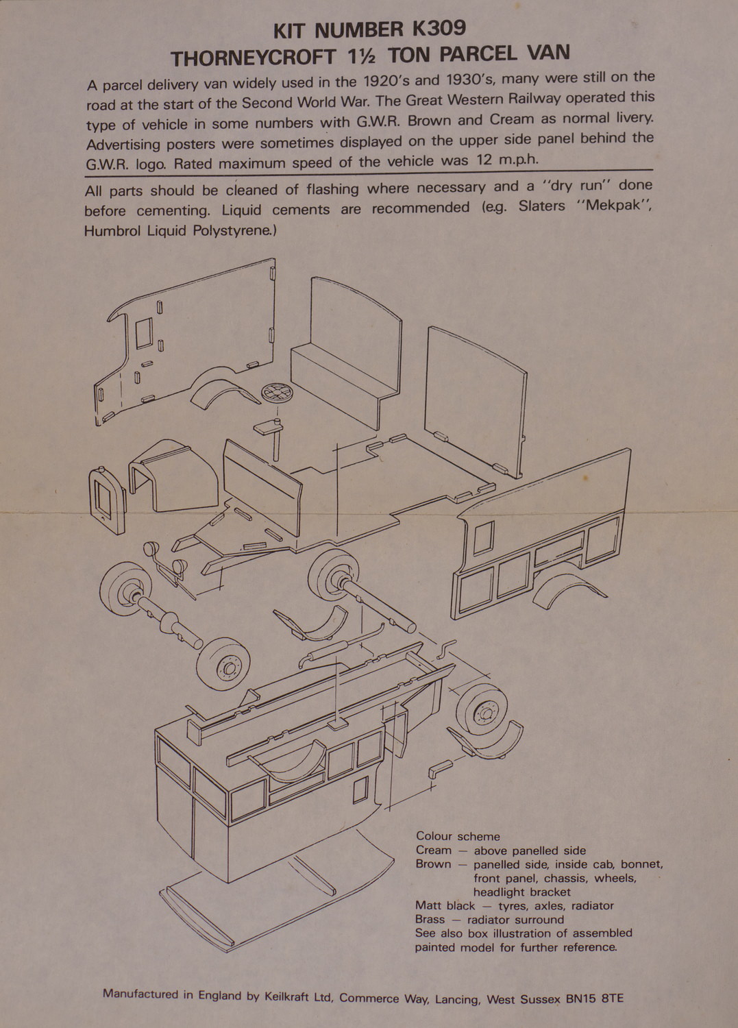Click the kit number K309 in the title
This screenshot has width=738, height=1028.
pyautogui.click(x=439, y=29)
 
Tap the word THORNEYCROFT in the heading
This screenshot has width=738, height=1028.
pyautogui.click(x=253, y=58)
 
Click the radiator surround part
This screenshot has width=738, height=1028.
pyautogui.click(x=107, y=500)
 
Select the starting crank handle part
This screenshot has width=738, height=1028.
pyautogui.click(x=446, y=648)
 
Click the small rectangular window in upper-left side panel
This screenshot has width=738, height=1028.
pyautogui.click(x=144, y=334)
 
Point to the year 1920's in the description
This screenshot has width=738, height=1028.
pyautogui.click(x=384, y=82)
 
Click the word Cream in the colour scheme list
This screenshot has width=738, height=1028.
pyautogui.click(x=433, y=850)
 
